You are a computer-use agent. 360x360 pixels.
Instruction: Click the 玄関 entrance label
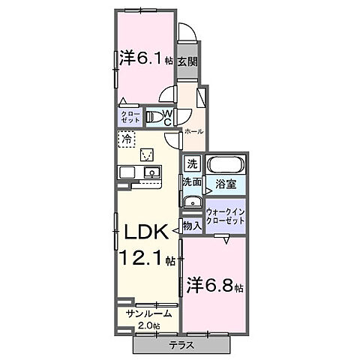point(187,62)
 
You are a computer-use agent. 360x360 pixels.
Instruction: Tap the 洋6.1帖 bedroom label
point(147,58)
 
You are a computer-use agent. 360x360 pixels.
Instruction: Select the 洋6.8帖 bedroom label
point(214,286)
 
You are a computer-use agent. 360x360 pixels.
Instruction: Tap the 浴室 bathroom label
point(225,182)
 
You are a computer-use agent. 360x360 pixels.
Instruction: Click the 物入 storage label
point(191,225)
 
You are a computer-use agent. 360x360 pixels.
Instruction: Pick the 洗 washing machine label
point(192,164)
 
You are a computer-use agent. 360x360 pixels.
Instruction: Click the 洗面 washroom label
point(191,181)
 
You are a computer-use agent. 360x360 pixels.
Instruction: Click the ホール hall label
point(193,131)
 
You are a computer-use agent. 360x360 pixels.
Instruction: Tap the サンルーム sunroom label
point(148,313)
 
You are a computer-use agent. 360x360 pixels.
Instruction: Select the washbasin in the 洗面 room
point(192,201)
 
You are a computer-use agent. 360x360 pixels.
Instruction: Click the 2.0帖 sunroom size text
point(148,325)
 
